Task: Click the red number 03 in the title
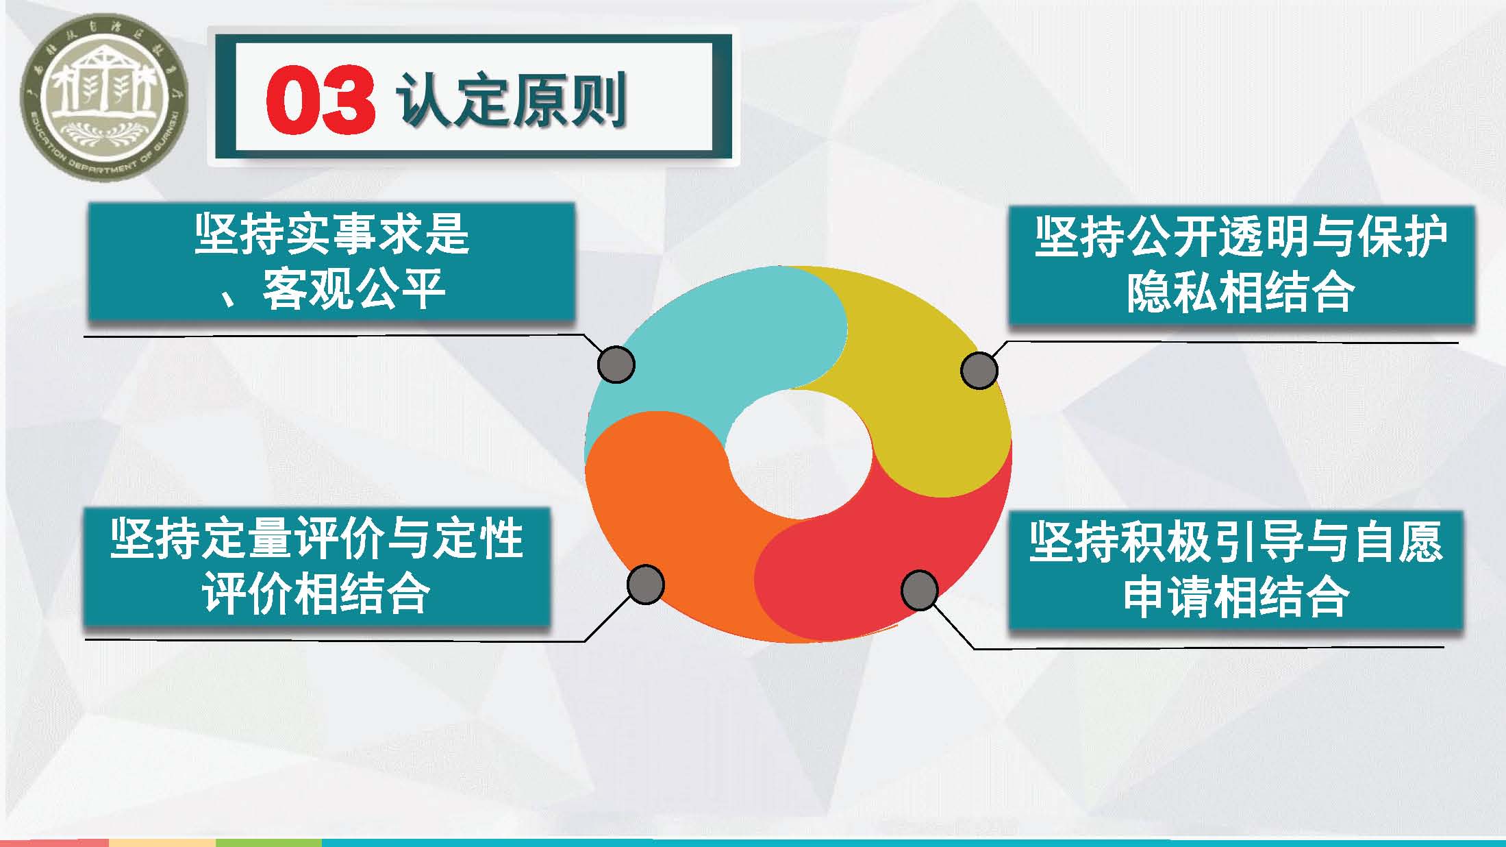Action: [x=321, y=100]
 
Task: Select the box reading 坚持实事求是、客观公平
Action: [x=331, y=262]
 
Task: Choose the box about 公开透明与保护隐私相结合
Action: [x=1240, y=265]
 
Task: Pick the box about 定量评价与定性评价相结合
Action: [x=316, y=567]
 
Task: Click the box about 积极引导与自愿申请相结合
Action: [x=1235, y=570]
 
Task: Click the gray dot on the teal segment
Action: [x=616, y=364]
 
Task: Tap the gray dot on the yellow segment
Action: [x=979, y=371]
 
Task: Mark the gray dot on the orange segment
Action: [x=645, y=585]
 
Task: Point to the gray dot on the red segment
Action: [x=919, y=590]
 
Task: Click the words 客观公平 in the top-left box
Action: [x=354, y=289]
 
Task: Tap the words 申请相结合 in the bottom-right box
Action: [x=1235, y=598]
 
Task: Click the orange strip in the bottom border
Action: [x=162, y=843]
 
